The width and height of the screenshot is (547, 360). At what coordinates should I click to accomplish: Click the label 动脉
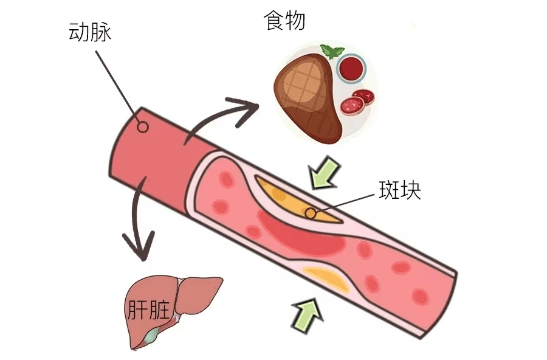coord(91,32)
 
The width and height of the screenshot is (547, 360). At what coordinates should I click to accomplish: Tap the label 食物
coord(284,20)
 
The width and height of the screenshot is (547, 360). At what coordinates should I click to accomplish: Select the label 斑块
coord(400,190)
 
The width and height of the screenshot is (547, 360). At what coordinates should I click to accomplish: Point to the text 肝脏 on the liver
coord(148,310)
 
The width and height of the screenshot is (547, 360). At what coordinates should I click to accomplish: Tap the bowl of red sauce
coord(351,67)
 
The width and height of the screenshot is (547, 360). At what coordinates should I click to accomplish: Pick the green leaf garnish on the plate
coord(331,51)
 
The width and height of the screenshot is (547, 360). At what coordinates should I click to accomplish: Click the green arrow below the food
coord(325,173)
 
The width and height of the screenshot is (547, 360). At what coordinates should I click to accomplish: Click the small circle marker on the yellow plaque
coord(310,213)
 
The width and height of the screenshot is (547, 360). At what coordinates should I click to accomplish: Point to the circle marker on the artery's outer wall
coord(142,126)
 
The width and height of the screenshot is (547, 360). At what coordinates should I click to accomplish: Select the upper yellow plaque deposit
coord(297,201)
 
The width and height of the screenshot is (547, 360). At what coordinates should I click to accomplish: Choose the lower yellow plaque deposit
coord(326,279)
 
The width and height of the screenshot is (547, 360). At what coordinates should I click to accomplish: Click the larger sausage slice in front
coord(353,105)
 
